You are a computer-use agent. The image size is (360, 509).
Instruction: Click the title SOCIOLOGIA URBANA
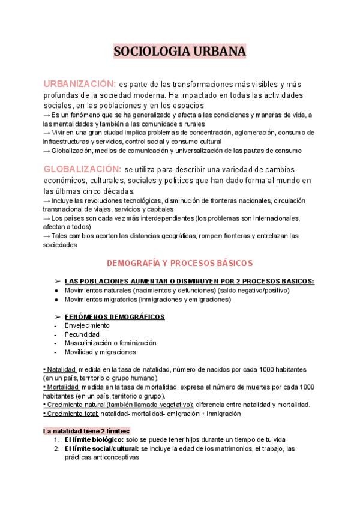click(180, 52)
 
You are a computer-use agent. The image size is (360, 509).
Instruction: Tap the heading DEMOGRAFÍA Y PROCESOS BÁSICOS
click(179, 263)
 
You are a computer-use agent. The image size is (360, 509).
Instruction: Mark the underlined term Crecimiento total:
click(71, 414)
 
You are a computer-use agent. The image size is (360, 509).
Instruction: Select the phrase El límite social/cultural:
click(101, 448)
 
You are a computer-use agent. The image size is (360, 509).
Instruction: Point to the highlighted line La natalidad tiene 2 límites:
click(86, 430)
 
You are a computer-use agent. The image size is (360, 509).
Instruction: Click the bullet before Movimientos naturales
click(56, 290)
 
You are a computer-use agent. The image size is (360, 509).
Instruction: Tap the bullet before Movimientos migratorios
click(56, 299)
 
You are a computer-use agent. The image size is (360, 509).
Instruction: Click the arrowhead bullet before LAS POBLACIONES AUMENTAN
click(57, 281)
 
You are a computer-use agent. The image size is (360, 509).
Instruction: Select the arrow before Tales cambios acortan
click(47, 236)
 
